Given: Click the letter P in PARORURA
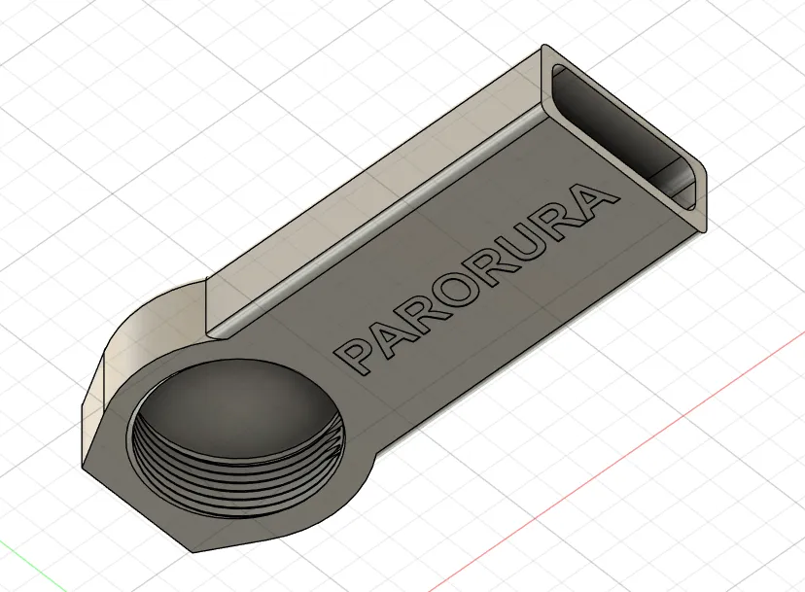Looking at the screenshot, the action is pos(357,353).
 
